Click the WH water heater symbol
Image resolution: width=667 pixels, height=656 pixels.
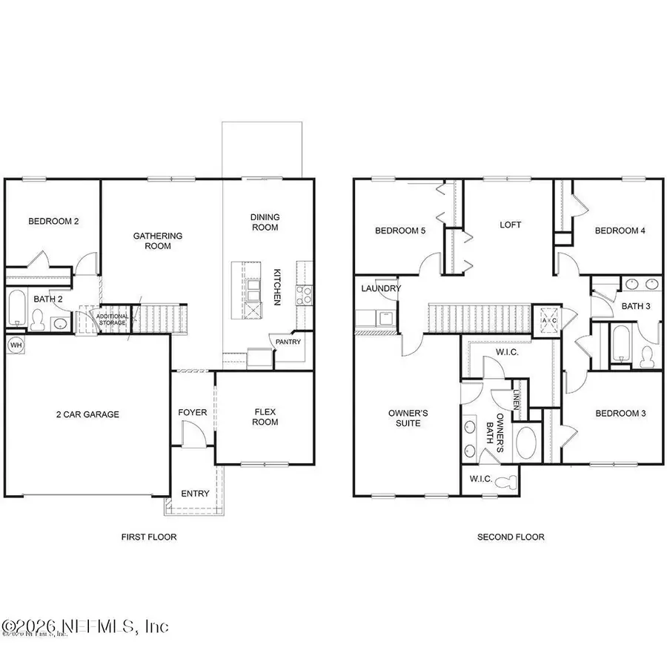coord(16,345)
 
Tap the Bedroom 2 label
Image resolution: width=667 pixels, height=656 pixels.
coord(53,221)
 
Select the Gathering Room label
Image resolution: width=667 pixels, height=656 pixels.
coord(157,241)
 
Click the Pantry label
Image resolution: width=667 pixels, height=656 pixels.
coord(288,342)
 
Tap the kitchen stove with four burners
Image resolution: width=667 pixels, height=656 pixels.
coord(304,296)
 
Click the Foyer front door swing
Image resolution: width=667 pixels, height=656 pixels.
coord(190,433)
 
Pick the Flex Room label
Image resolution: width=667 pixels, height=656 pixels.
coord(265,417)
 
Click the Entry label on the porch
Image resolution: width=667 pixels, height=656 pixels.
coord(195,494)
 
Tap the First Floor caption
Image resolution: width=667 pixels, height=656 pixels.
coord(150,537)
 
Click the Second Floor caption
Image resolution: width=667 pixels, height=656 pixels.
coord(511,537)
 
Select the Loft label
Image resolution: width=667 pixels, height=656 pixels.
coord(511,224)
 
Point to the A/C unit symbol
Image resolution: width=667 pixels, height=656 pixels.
coord(550,321)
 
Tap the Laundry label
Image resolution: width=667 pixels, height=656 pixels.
coord(381,288)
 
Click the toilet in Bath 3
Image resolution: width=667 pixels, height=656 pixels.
coord(646,356)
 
